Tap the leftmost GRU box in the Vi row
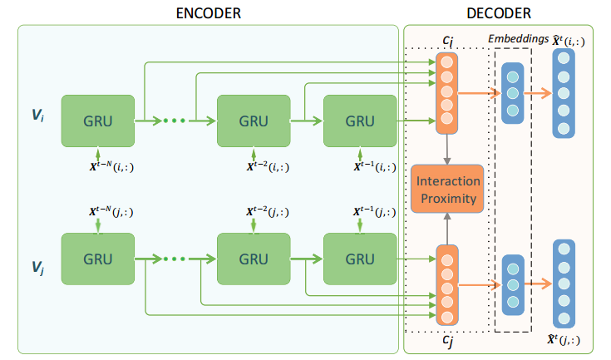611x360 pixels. [98, 121]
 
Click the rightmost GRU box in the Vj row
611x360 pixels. [360, 259]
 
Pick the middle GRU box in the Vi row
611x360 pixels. [253, 121]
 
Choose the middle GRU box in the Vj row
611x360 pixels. [253, 259]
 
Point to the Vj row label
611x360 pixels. [38, 268]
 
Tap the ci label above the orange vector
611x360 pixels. [447, 42]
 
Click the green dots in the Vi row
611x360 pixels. [174, 121]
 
